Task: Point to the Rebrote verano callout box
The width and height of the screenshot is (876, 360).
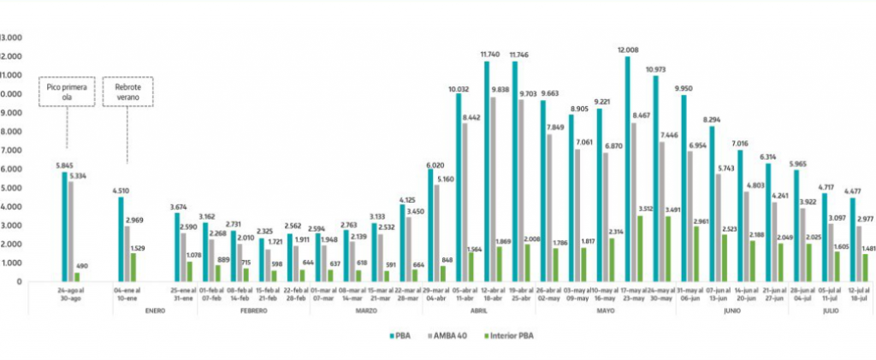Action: coord(127,92)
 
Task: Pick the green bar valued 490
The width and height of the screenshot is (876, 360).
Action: coord(77,277)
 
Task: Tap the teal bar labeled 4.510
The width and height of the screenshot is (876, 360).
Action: coord(121,239)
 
